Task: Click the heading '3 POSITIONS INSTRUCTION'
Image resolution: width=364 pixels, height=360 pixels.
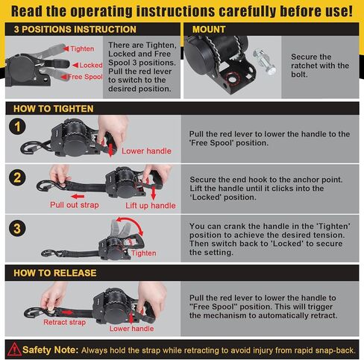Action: click(x=75, y=29)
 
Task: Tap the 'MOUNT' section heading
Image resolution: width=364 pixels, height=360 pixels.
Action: click(x=209, y=29)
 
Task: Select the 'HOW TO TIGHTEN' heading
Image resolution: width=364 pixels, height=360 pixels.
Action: click(x=54, y=109)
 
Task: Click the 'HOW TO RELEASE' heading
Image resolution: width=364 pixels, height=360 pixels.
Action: click(x=55, y=273)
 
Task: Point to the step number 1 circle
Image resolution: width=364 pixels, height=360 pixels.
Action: click(x=17, y=127)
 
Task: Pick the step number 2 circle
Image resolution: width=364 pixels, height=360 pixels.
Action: click(x=17, y=177)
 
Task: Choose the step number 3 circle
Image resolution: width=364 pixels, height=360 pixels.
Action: click(x=17, y=228)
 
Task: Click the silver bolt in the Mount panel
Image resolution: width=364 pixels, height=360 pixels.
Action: click(x=264, y=61)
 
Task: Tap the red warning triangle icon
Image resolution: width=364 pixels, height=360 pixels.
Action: click(x=14, y=349)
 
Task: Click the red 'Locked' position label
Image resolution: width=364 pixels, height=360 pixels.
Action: click(x=91, y=65)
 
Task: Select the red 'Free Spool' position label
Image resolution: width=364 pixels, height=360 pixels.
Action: click(x=85, y=77)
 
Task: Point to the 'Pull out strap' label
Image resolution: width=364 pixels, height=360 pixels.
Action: click(x=75, y=205)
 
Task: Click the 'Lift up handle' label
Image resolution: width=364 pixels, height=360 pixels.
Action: click(x=151, y=206)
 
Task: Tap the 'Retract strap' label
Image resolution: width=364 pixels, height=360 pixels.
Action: click(x=64, y=322)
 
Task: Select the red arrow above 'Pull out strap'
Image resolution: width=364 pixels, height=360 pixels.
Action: click(x=78, y=197)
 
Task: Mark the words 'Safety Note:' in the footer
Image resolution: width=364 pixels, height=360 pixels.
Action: click(x=50, y=350)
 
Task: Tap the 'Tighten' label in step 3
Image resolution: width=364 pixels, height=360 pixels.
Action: click(x=144, y=253)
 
